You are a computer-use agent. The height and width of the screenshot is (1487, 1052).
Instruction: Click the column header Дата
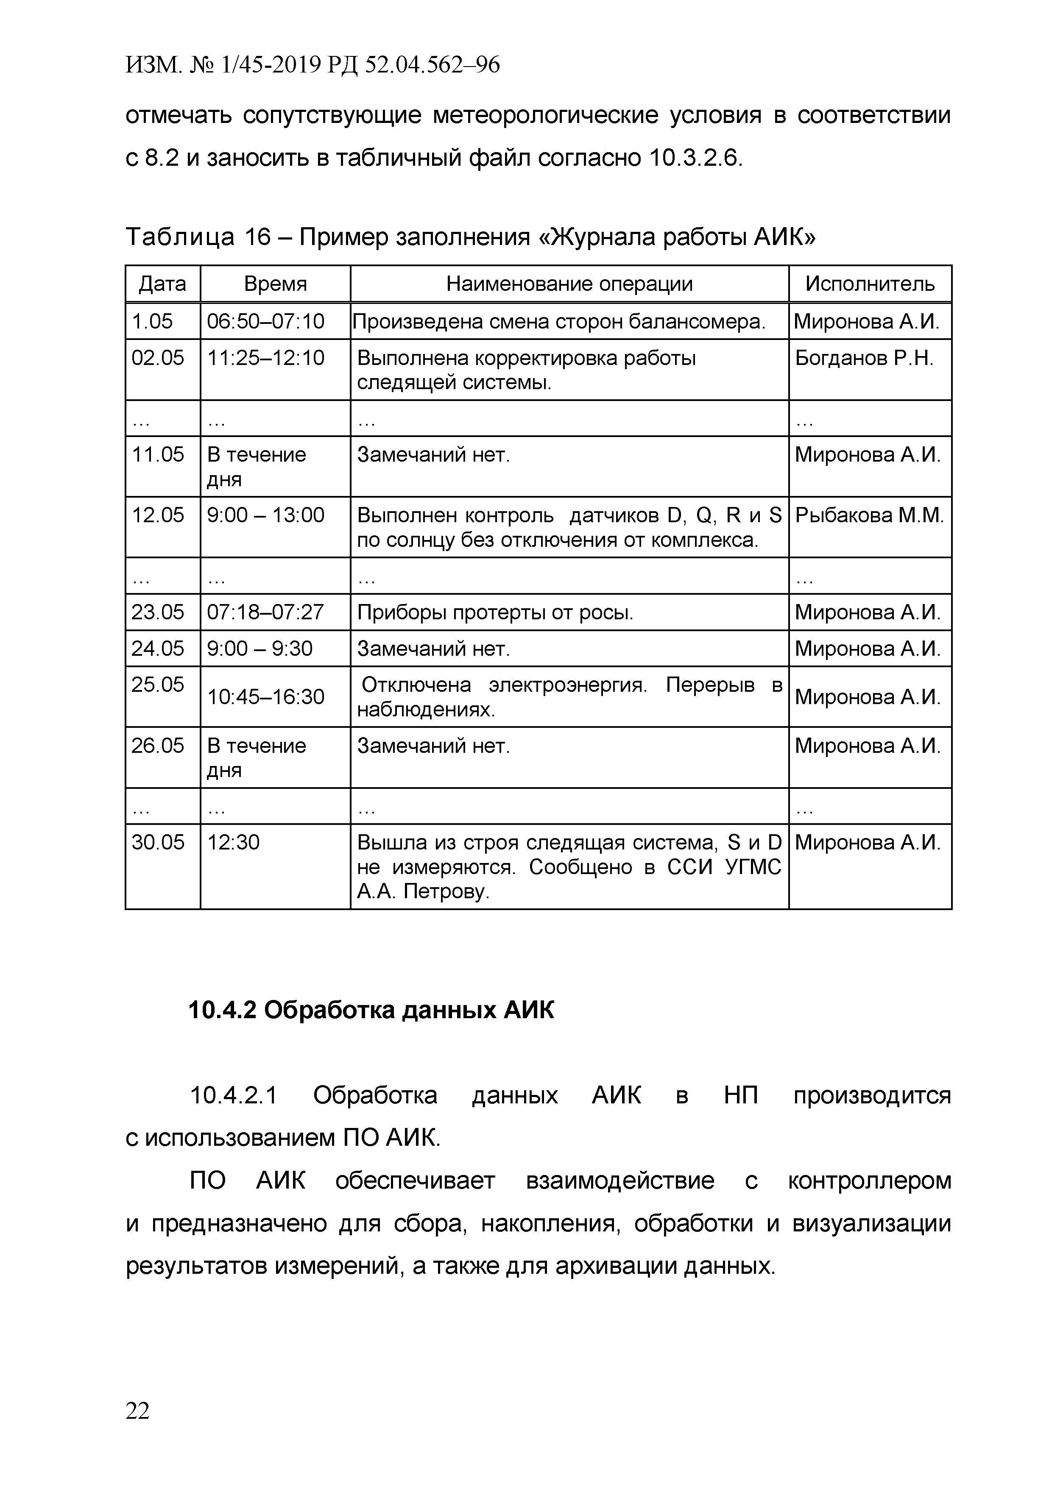point(162,284)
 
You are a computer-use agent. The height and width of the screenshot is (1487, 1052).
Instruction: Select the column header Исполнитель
point(870,284)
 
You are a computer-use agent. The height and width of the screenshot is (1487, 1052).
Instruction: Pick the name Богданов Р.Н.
point(864,358)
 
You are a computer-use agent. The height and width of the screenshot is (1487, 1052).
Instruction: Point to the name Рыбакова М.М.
point(869,515)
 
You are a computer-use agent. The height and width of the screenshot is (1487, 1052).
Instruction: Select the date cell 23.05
point(158,612)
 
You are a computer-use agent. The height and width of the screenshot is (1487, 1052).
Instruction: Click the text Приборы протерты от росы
point(495,612)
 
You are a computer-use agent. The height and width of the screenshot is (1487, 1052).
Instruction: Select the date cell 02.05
point(158,358)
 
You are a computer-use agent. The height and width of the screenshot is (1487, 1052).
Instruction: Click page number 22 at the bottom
point(137,1411)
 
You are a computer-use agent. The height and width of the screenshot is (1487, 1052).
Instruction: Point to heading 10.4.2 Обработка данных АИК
point(371,1010)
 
